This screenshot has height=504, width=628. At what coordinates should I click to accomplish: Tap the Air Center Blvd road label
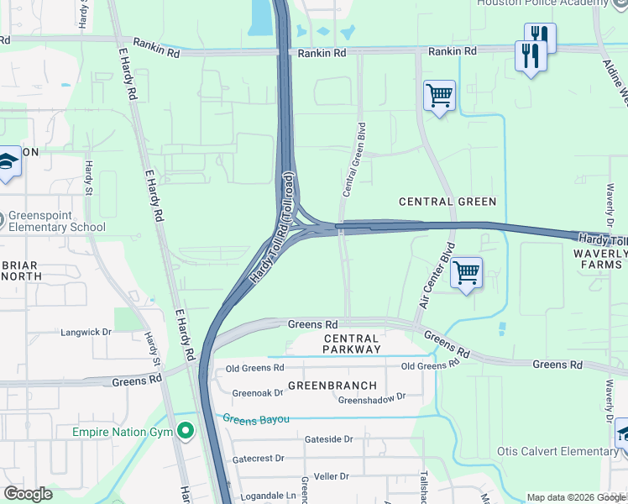[437, 276]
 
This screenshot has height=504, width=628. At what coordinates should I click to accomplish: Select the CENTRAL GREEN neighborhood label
[447, 202]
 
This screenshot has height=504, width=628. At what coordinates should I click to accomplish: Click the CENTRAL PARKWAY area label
[352, 343]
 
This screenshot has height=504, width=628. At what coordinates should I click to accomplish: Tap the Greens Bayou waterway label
[255, 418]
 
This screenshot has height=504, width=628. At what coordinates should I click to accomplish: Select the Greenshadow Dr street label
[371, 397]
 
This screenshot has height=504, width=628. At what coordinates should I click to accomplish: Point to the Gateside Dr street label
[328, 438]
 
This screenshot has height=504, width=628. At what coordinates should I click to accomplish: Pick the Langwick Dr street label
[86, 333]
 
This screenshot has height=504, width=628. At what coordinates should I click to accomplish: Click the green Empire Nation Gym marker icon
[186, 432]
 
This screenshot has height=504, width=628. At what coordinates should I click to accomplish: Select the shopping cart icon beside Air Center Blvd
[465, 272]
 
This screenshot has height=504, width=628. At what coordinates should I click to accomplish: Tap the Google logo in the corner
[28, 494]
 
